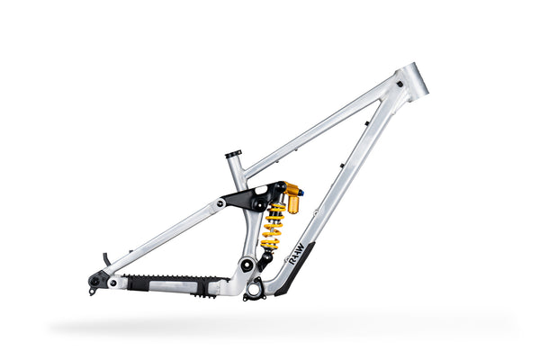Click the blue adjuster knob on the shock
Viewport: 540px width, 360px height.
pos(301,190)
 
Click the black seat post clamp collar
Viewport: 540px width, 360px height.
pos(233,154)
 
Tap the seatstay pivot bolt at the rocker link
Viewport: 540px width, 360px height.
pos(220,203)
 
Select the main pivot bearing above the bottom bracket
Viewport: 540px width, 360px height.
pos(246,265)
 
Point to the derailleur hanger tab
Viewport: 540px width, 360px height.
pos(93,290)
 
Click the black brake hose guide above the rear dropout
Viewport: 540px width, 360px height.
pos(106,259)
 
